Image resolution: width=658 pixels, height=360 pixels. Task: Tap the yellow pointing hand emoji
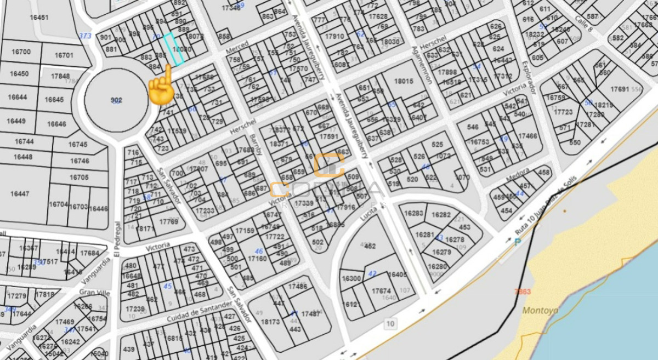[162, 85]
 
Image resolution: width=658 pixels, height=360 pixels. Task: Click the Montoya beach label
[540, 311]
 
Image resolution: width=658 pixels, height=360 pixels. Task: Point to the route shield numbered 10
[390, 324]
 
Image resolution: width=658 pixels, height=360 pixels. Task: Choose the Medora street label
[517, 178]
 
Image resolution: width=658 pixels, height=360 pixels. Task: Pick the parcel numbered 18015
[403, 81]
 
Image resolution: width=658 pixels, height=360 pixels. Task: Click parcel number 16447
[20, 194]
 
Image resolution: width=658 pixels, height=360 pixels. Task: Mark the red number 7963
[523, 292]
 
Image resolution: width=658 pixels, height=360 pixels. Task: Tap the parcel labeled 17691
[620, 88]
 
